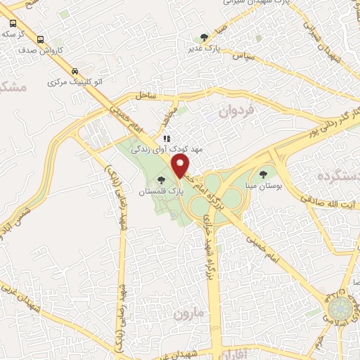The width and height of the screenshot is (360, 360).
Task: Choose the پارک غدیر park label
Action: (204, 48)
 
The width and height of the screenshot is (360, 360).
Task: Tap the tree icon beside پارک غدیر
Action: (205, 37)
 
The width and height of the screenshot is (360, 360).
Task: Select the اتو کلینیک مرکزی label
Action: (75, 82)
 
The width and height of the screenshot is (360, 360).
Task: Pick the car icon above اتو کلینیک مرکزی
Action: (75, 71)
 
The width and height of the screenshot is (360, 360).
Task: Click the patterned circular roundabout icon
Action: (341, 307)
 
